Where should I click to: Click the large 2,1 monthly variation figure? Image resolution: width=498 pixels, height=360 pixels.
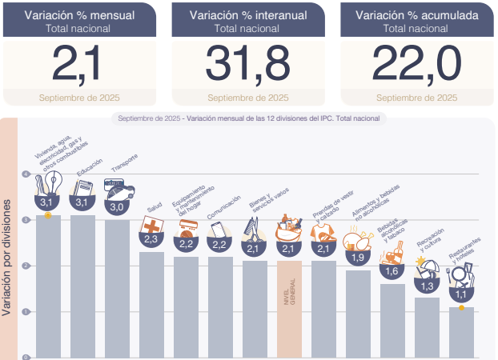point(78,62)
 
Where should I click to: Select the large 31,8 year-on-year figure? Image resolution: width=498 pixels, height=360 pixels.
point(247,62)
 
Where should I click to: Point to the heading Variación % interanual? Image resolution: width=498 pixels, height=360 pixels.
point(247,15)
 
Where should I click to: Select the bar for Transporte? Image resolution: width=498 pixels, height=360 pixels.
point(117,288)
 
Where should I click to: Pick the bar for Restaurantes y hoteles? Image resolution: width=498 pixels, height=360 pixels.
point(461,331)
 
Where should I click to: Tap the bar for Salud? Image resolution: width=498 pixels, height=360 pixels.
point(151,304)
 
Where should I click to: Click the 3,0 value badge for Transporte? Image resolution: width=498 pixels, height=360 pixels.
point(117,206)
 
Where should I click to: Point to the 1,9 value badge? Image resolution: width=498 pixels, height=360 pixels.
point(357,257)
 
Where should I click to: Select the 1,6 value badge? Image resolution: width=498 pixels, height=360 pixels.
point(392,270)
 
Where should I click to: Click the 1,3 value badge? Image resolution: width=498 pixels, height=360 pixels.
point(427,286)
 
